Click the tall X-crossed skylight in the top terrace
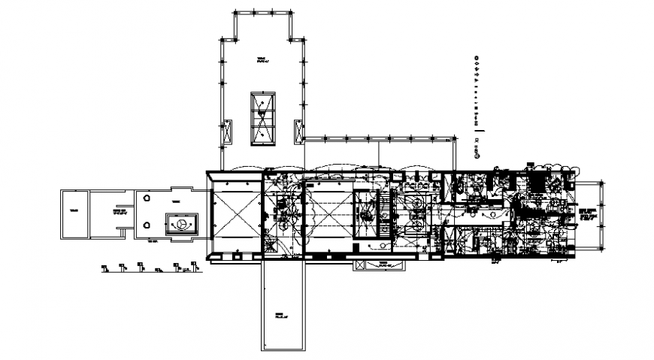(262, 118)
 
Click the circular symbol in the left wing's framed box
(180, 224)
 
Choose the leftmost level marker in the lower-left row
(104, 265)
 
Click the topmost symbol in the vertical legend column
(477, 58)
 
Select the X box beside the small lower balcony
(359, 265)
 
